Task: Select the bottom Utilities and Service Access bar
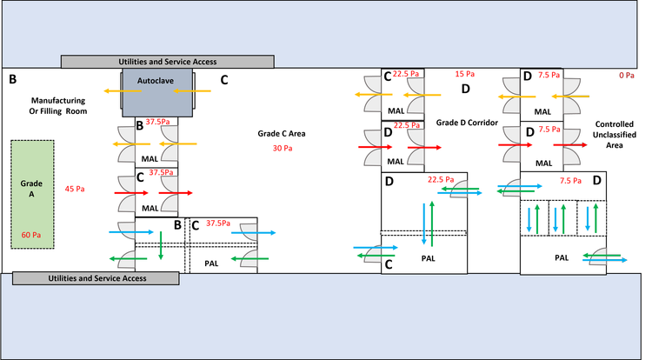click(x=96, y=278)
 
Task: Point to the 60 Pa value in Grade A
click(x=31, y=236)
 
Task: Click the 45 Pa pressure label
click(x=75, y=189)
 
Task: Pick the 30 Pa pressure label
click(x=281, y=149)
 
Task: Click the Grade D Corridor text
click(x=467, y=123)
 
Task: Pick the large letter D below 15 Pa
click(x=465, y=90)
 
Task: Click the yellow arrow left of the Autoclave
click(x=111, y=90)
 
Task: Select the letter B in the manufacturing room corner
click(x=13, y=80)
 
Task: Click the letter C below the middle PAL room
click(x=389, y=264)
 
